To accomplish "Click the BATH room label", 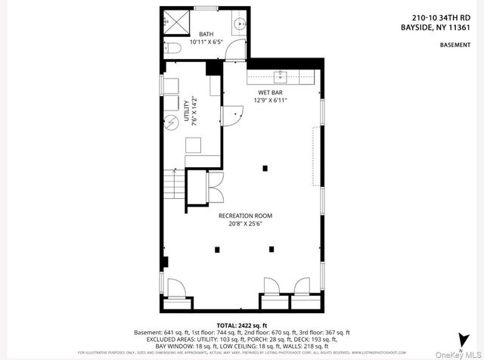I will [206, 35].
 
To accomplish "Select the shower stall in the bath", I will [176, 20].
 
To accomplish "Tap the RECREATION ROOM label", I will [245, 216].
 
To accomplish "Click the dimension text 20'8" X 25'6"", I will [245, 225].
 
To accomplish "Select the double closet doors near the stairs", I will [214, 186].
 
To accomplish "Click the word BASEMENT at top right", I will [455, 45].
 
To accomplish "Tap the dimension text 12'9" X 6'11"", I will [271, 100].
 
